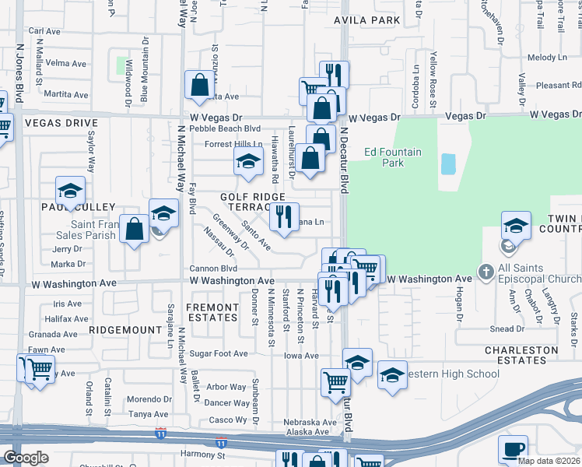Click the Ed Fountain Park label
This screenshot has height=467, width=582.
coord(393,157)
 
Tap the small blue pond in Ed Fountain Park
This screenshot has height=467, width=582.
coord(448,163)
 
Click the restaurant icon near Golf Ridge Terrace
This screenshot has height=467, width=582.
coord(284,216)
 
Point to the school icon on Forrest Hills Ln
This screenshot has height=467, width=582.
coord(248,162)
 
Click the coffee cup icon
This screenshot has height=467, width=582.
coord(513,448)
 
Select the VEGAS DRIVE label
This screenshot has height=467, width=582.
coord(61,123)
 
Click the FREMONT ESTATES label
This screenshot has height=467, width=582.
coord(212,312)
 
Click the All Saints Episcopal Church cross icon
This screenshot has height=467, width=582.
coord(486,272)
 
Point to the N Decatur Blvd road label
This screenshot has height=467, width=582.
coord(342,160)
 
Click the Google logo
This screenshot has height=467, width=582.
coord(26,458)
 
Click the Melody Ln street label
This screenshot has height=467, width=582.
coord(547,58)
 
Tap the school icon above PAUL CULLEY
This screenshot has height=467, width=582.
coord(70,190)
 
